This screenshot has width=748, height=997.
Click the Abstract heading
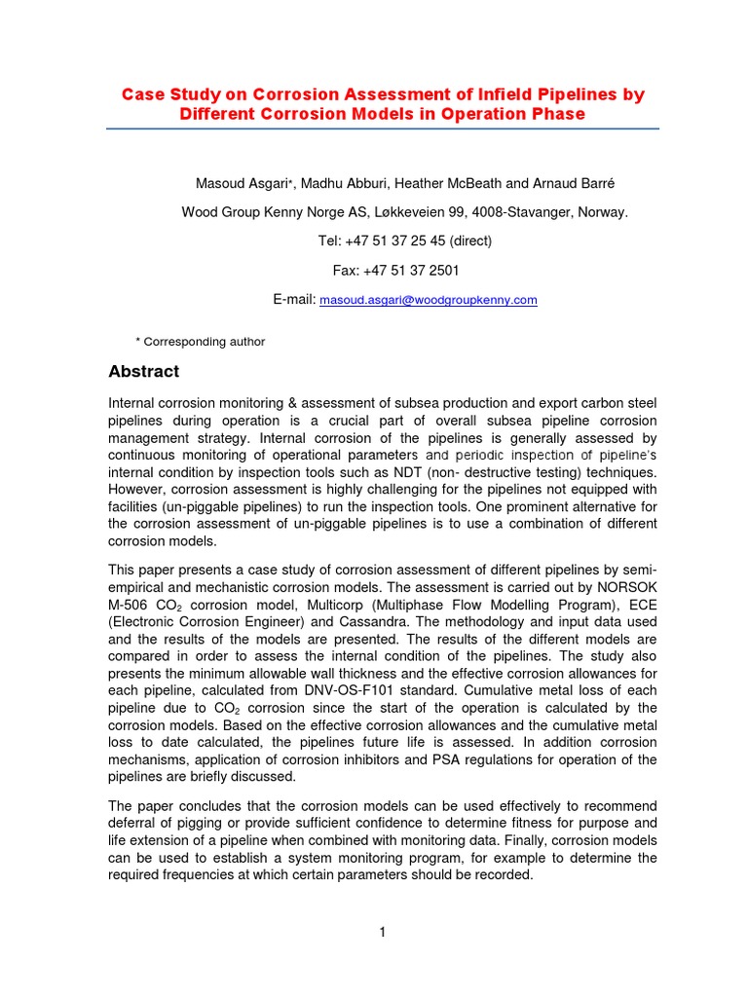coord(142,371)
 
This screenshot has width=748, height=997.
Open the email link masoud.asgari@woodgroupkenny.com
coord(429,301)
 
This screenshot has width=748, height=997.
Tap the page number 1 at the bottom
coord(384,932)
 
